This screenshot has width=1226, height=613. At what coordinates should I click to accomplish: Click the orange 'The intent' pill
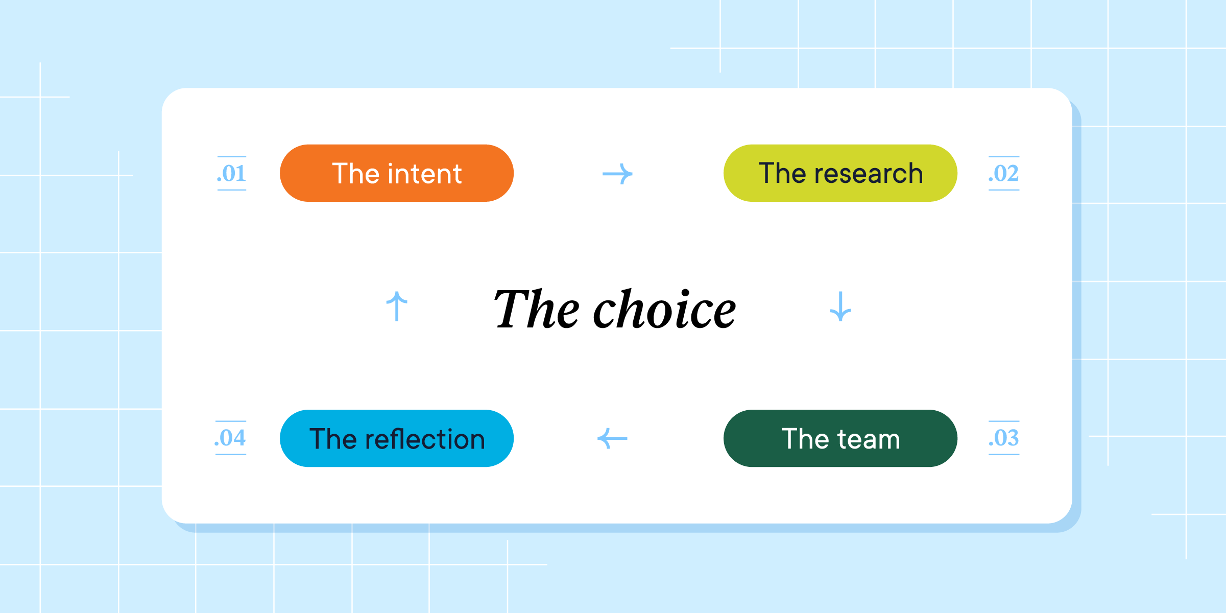397,173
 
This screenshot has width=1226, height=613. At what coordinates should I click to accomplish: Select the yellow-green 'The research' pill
840,173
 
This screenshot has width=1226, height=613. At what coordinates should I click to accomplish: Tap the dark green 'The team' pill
840,438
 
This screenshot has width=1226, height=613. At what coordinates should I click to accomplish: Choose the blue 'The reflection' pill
397,438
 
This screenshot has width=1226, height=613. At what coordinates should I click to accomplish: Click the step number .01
232,174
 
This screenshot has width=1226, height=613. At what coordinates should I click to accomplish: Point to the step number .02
1004,174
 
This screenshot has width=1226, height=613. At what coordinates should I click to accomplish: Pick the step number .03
1004,438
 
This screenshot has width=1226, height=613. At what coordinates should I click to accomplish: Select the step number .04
230,438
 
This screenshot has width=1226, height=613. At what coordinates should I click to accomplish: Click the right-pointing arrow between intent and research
617,174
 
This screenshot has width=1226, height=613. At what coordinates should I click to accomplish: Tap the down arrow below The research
840,306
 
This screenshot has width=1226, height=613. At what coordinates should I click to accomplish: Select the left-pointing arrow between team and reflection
612,438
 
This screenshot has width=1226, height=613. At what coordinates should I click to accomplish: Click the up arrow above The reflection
397,306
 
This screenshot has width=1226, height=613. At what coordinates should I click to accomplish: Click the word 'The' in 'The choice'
536,309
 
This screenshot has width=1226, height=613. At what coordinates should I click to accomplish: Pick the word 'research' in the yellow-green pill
869,174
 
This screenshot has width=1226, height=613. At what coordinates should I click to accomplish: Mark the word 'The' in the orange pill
356,174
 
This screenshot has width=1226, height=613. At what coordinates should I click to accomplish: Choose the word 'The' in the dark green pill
805,439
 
